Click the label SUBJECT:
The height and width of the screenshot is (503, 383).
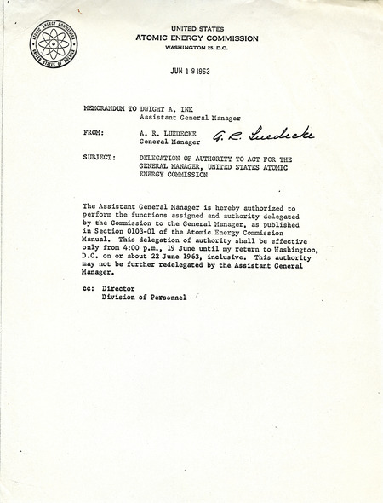click(x=100, y=159)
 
